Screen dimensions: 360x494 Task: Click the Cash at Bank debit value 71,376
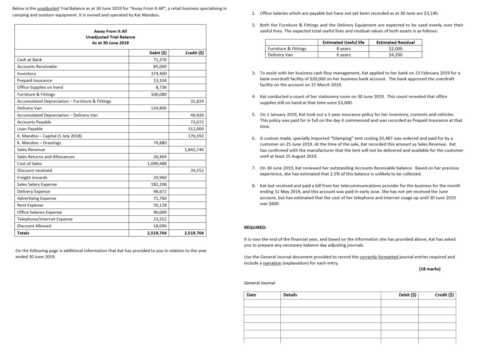[160, 60]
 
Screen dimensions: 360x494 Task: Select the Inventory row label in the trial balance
[26, 74]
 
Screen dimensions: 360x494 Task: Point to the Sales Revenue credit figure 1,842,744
[193, 150]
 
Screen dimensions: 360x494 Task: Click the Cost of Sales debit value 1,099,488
[157, 164]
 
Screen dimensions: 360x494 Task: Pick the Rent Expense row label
[30, 205]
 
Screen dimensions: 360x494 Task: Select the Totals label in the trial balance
[23, 233]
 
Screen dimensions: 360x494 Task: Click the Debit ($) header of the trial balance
[158, 53]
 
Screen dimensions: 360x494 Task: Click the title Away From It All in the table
[110, 31]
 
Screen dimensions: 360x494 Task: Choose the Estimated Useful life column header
[343, 42]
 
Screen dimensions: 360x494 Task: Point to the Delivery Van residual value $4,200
[395, 55]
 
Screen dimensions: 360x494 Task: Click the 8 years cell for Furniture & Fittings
[343, 49]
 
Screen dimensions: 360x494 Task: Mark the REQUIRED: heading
[255, 227]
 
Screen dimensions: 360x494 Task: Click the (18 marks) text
[429, 269]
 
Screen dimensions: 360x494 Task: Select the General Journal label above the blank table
[259, 283]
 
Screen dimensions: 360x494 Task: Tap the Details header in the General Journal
[290, 295]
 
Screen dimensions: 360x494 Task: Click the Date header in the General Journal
[251, 295]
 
